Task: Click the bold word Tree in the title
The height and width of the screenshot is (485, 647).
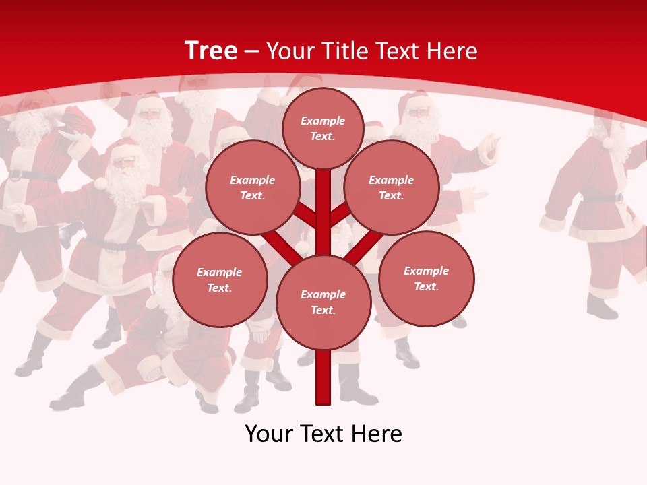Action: [211, 51]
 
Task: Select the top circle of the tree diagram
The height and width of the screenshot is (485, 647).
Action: [323, 128]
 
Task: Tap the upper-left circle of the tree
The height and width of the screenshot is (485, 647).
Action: [252, 188]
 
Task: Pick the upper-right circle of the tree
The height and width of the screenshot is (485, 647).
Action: [392, 188]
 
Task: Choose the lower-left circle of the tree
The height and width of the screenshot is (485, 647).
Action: [220, 280]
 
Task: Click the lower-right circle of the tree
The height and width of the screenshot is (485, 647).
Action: [426, 278]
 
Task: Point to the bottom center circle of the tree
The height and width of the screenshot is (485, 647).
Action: [323, 302]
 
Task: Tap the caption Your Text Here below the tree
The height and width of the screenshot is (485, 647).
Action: [323, 434]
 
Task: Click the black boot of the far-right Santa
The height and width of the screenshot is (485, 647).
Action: [601, 307]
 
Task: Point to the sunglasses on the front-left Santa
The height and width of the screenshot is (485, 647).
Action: [123, 162]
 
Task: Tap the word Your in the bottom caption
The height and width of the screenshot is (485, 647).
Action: [268, 434]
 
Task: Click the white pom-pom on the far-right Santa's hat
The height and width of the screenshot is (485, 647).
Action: [609, 142]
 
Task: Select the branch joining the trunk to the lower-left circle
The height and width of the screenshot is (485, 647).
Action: [280, 246]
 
